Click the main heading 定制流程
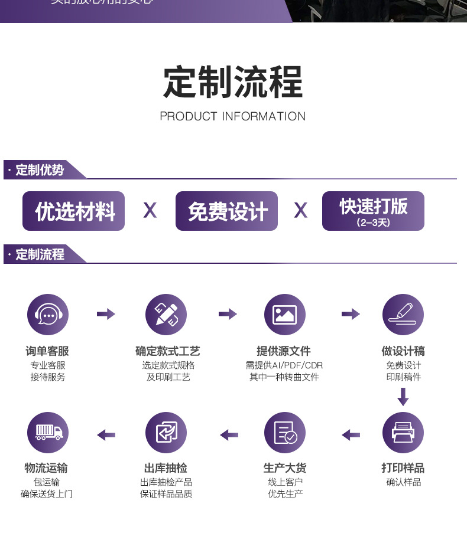pos(233,82)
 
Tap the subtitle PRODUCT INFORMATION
pos(233,116)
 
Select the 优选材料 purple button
pos(74,211)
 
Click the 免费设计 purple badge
pos(226,211)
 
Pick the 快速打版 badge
pos(373,211)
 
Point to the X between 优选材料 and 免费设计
pos(150,210)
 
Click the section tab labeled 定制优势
pos(40,170)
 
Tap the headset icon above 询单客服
pos(48,315)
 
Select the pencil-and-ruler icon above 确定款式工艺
pos(166,315)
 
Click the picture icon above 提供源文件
pos(284,315)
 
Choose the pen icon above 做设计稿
pos(403,315)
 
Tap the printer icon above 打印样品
pos(403,433)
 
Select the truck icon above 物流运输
pos(48,433)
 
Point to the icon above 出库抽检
pos(166,433)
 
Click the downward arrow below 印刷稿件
pos(403,397)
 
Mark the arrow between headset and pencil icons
pos(106,314)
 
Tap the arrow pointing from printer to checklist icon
pos(351,435)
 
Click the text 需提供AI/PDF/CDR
pos(284,365)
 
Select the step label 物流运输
pos(46,468)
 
